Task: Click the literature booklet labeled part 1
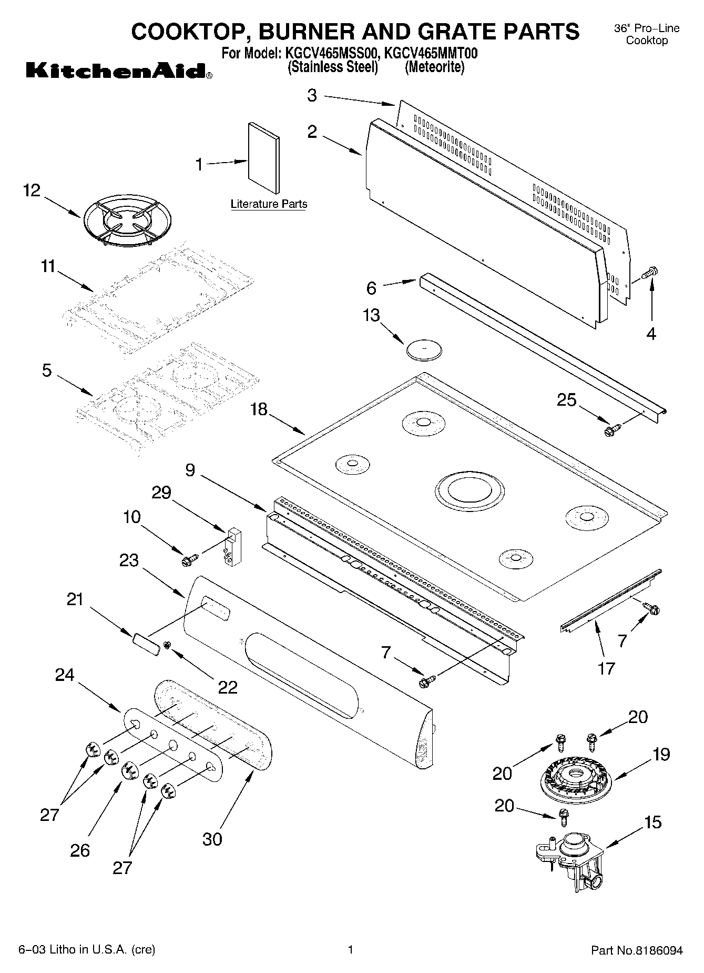263,158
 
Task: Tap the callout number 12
32,190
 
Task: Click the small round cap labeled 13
424,350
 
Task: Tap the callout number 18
259,409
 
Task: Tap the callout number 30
212,839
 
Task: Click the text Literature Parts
269,204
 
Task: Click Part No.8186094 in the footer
637,950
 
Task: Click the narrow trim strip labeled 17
610,600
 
